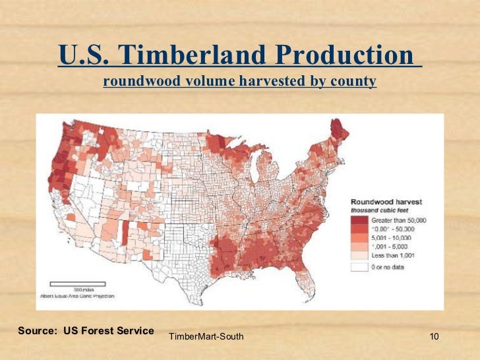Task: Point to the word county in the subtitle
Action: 355,82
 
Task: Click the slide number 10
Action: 434,338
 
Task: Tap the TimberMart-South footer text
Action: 206,338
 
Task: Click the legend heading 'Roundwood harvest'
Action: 386,201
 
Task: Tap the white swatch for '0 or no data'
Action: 360,267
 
